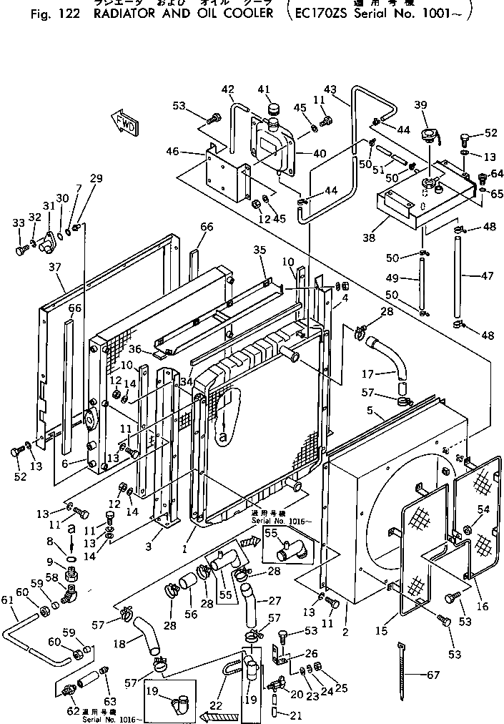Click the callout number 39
click(x=420, y=105)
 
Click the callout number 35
click(x=260, y=250)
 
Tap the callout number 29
click(x=96, y=178)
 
